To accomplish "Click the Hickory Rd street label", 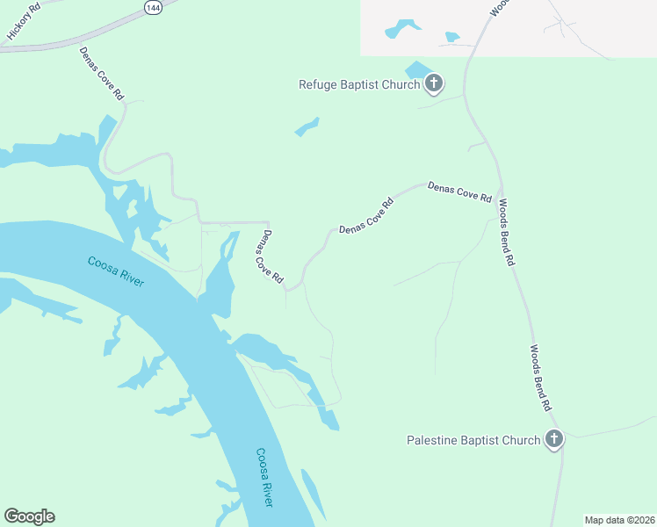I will pyautogui.click(x=24, y=20).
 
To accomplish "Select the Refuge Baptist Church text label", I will pyautogui.click(x=359, y=84).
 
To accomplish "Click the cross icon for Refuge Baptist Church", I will pyautogui.click(x=433, y=84).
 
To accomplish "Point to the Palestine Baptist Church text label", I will pyautogui.click(x=473, y=439).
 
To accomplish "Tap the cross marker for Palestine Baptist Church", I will pyautogui.click(x=553, y=439).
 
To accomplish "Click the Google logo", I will pyautogui.click(x=29, y=516).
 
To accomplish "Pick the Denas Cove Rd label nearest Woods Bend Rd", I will pyautogui.click(x=458, y=192).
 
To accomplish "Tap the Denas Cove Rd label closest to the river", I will pyautogui.click(x=270, y=256).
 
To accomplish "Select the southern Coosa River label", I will pyautogui.click(x=264, y=477).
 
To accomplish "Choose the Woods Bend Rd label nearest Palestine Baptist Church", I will pyautogui.click(x=539, y=378).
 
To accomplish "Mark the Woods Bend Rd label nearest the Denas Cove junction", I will pyautogui.click(x=507, y=233).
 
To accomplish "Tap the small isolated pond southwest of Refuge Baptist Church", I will pyautogui.click(x=307, y=128).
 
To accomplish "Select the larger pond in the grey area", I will pyautogui.click(x=401, y=29).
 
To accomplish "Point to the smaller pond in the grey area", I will pyautogui.click(x=452, y=37).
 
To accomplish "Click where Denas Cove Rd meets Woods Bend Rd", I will pyautogui.click(x=498, y=191).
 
